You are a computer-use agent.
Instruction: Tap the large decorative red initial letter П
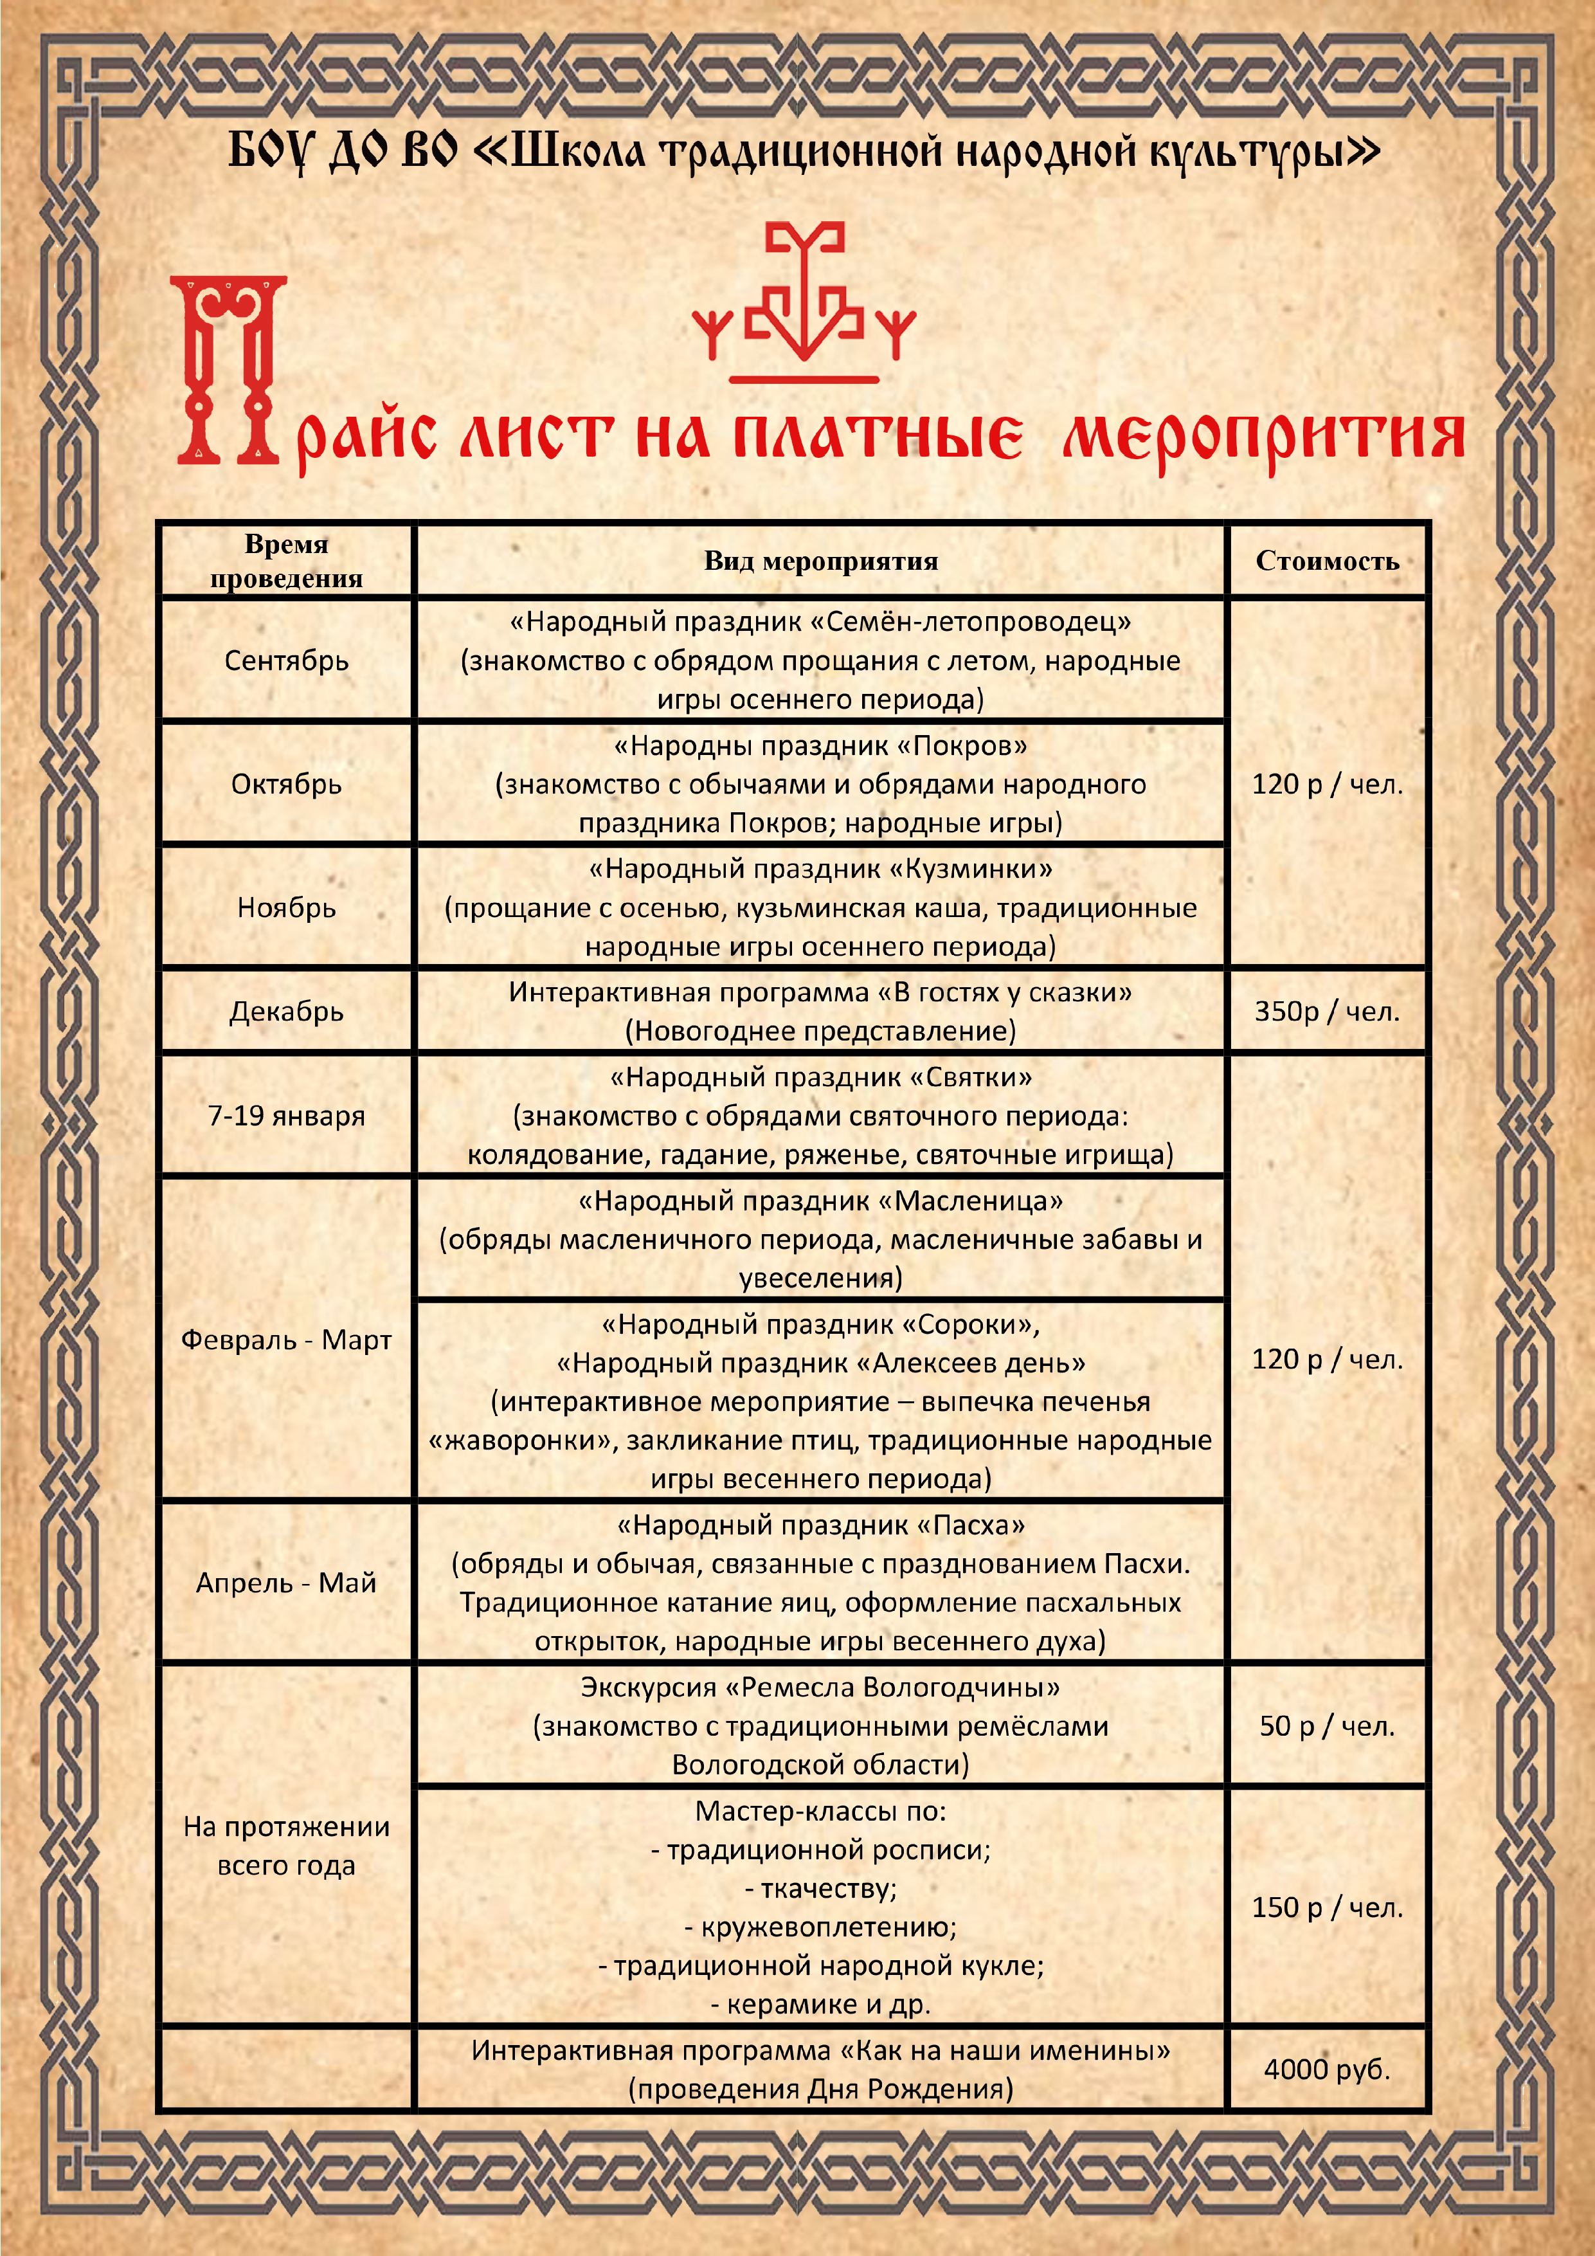pos(229,370)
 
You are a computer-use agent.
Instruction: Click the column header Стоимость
pos(1327,561)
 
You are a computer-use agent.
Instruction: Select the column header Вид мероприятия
pos(820,561)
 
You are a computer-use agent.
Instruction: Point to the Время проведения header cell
pos(286,561)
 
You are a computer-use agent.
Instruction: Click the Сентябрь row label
pos(286,660)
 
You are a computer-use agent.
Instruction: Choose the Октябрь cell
pos(286,784)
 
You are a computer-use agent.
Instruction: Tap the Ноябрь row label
pos(286,908)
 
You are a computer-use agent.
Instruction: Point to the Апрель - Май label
pos(286,1582)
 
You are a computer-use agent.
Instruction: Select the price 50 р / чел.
pos(1327,1725)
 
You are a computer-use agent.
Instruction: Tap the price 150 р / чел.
pos(1327,1907)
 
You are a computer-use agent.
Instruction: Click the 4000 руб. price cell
pos(1327,2070)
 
